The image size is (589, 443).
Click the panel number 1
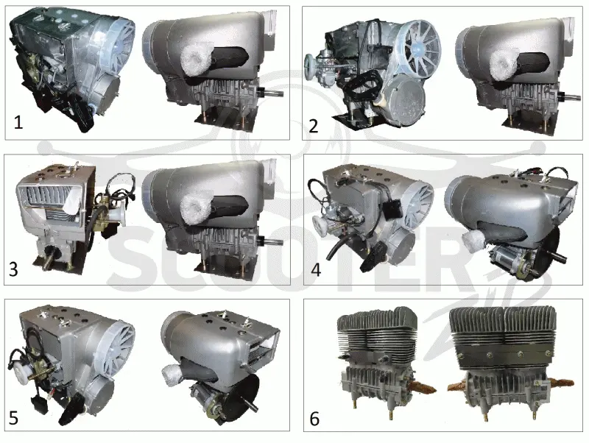pyautogui.click(x=18, y=123)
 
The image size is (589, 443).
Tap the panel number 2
pyautogui.click(x=314, y=126)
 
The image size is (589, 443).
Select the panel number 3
pyautogui.click(x=13, y=269)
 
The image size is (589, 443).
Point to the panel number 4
pyautogui.click(x=316, y=269)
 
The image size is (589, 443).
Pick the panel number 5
pyautogui.click(x=13, y=418)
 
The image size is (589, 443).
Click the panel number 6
pyautogui.click(x=314, y=419)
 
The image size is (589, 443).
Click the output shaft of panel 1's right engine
pyautogui.click(x=271, y=92)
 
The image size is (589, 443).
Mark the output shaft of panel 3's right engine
pyautogui.click(x=271, y=242)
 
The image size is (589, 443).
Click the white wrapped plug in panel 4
pyautogui.click(x=473, y=242)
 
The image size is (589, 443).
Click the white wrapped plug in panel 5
pyautogui.click(x=174, y=375)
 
